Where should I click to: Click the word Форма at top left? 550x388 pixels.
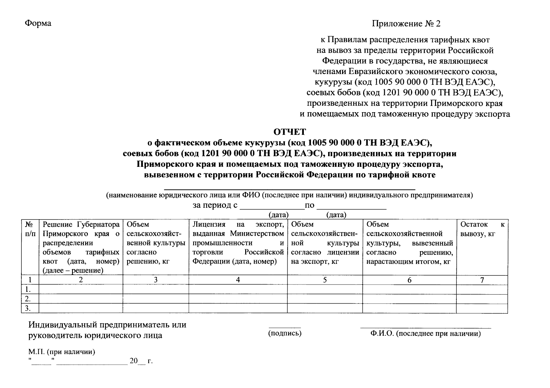(38, 23)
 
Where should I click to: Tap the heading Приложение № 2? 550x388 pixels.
(406, 24)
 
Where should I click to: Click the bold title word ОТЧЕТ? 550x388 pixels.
(290, 132)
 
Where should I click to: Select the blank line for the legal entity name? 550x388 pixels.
(290, 188)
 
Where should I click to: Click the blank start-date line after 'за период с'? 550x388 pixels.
(272, 208)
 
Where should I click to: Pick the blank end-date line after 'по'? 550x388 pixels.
(351, 208)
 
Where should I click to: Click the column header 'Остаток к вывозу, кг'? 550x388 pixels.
(482, 229)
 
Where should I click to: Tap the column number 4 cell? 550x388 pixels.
(238, 280)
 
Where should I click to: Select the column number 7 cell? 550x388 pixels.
(482, 280)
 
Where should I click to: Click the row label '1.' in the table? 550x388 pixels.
(28, 289)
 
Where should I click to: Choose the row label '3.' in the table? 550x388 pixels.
(28, 308)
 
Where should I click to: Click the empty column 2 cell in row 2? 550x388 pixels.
(81, 299)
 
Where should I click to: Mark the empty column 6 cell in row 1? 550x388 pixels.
(409, 289)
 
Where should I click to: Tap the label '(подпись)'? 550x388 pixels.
(285, 333)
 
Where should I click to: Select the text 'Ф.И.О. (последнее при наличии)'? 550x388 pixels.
(426, 334)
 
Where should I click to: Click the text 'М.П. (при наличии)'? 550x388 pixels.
(62, 352)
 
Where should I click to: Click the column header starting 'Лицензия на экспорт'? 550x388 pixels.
(238, 242)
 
